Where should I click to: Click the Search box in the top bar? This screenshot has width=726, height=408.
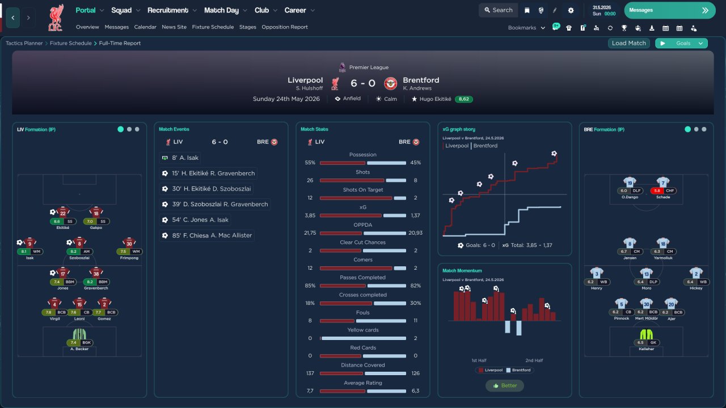pyautogui.click(x=498, y=10)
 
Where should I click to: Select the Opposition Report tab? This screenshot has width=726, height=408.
pyautogui.click(x=285, y=27)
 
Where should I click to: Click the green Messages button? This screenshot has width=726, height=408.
pyautogui.click(x=670, y=10)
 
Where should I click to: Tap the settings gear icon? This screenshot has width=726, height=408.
pyautogui.click(x=571, y=10)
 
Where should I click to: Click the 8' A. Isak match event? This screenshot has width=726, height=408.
pyautogui.click(x=180, y=158)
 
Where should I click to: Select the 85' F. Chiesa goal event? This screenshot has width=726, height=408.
pyautogui.click(x=207, y=235)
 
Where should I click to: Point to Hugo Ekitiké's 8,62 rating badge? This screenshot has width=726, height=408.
pyautogui.click(x=463, y=99)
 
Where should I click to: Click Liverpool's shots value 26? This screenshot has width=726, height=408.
pyautogui.click(x=310, y=180)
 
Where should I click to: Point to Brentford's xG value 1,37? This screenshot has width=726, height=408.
pyautogui.click(x=415, y=215)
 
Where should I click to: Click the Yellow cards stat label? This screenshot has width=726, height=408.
pyautogui.click(x=362, y=330)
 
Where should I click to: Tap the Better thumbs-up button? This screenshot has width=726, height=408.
pyautogui.click(x=505, y=386)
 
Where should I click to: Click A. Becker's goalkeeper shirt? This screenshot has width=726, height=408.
pyautogui.click(x=79, y=334)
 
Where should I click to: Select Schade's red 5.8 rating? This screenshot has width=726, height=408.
pyautogui.click(x=657, y=191)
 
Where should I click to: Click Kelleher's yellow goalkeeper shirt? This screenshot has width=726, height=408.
pyautogui.click(x=646, y=334)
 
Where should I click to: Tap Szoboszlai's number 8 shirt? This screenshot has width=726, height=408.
pyautogui.click(x=79, y=243)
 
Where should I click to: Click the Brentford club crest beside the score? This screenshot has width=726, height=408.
pyautogui.click(x=391, y=83)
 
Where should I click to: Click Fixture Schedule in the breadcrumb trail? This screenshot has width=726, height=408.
pyautogui.click(x=71, y=43)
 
